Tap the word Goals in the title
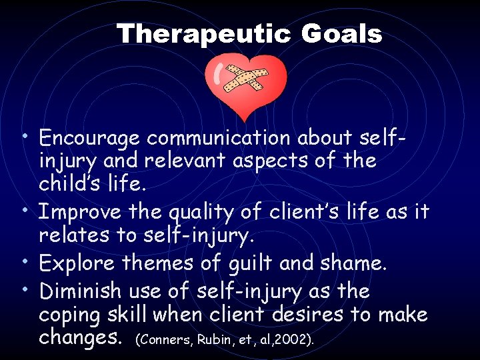tap(341, 34)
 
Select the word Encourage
tap(89, 138)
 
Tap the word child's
tap(73, 183)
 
